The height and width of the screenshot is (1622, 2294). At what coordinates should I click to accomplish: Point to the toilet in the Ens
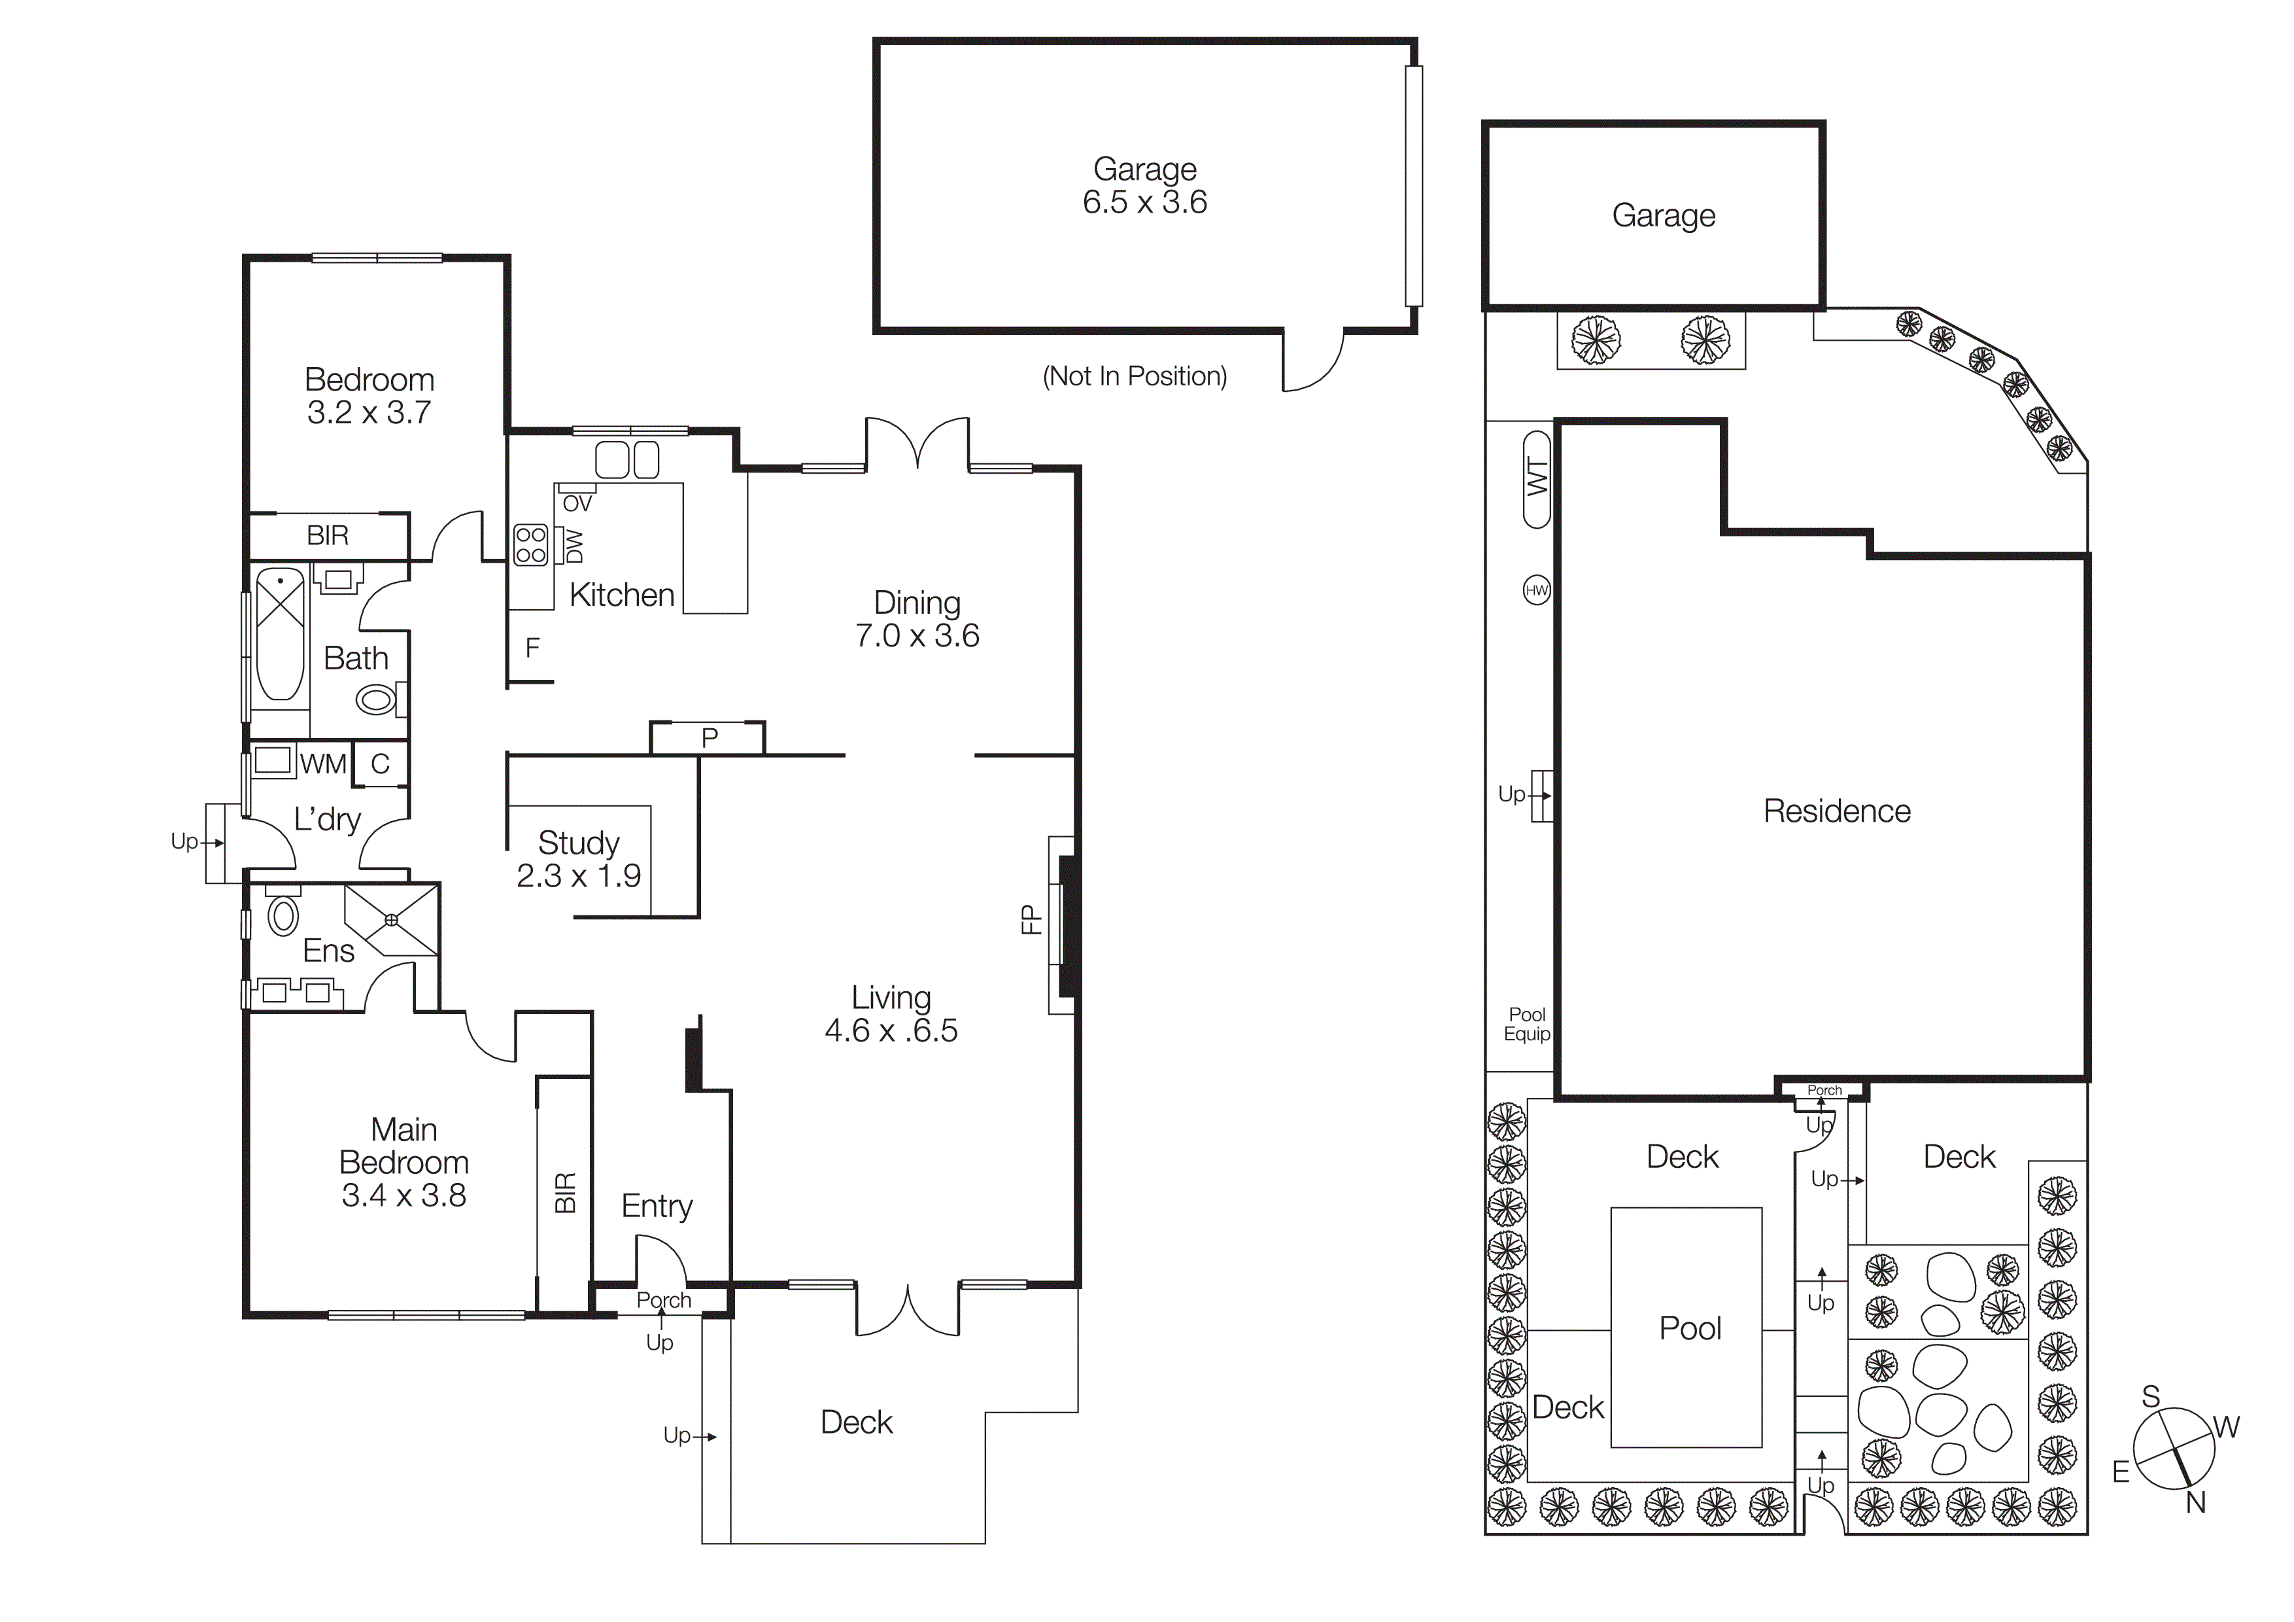point(284,915)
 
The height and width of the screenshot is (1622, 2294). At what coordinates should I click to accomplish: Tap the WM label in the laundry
point(323,764)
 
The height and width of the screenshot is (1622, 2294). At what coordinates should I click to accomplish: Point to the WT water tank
point(1537,479)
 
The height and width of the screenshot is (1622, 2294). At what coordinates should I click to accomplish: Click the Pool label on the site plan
point(1690,1328)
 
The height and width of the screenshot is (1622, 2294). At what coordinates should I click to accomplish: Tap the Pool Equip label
point(1527,1025)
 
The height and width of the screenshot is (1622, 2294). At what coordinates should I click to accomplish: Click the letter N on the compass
point(2195,1502)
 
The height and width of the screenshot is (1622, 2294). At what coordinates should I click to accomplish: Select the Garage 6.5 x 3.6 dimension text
point(1145,203)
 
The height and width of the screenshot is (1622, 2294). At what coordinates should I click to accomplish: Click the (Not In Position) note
point(1134,377)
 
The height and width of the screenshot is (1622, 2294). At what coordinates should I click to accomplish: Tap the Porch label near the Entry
point(664,1300)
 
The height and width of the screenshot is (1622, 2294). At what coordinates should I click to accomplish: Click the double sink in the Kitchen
point(628,460)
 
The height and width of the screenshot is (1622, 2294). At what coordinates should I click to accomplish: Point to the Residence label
point(1836,811)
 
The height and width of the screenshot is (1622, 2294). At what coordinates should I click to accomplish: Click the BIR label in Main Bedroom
point(566,1192)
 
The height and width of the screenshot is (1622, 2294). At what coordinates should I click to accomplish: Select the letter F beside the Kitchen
point(532,648)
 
